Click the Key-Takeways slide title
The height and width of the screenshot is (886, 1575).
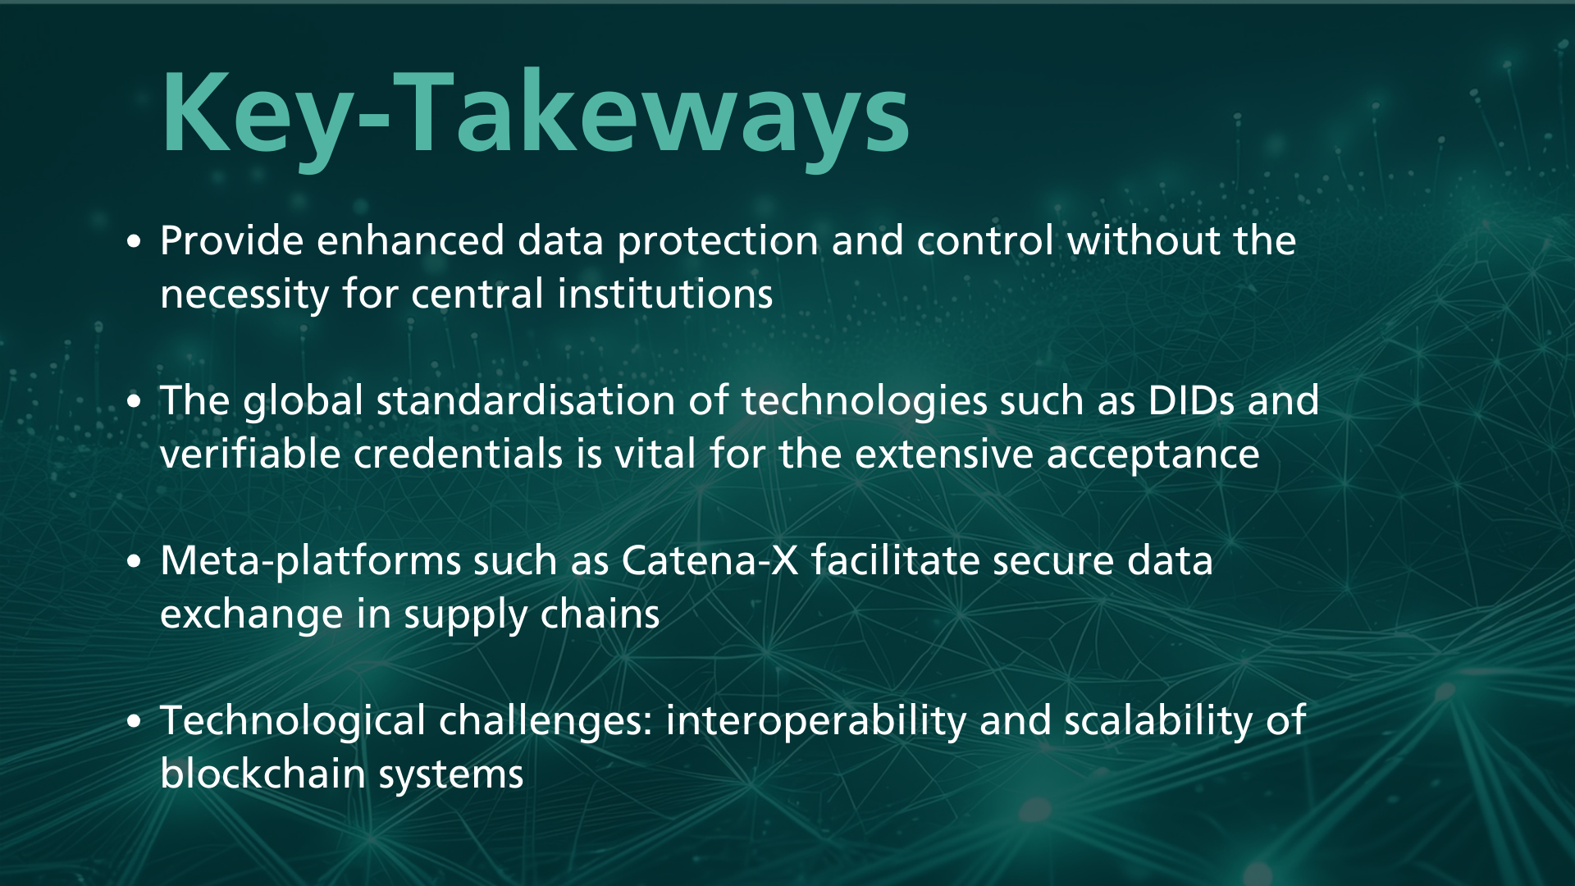536,115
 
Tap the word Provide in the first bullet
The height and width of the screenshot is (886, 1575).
232,240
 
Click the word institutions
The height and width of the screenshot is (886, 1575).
664,294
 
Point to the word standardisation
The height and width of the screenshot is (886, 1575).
526,400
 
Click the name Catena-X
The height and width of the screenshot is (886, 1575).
710,561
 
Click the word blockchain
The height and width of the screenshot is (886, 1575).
262,774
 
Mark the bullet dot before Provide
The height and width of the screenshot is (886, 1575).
135,242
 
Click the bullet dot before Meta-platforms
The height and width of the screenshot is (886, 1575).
135,562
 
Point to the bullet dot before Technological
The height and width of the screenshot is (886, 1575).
135,722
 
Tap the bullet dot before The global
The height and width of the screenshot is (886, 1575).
135,402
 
